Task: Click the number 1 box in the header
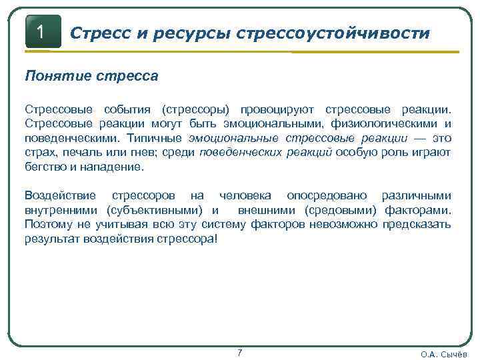[x=42, y=31]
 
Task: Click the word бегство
[x=45, y=167]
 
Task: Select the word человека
[x=245, y=195]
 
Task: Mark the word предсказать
[x=417, y=225]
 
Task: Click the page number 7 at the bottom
[x=240, y=352]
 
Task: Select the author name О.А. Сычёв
[x=444, y=354]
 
